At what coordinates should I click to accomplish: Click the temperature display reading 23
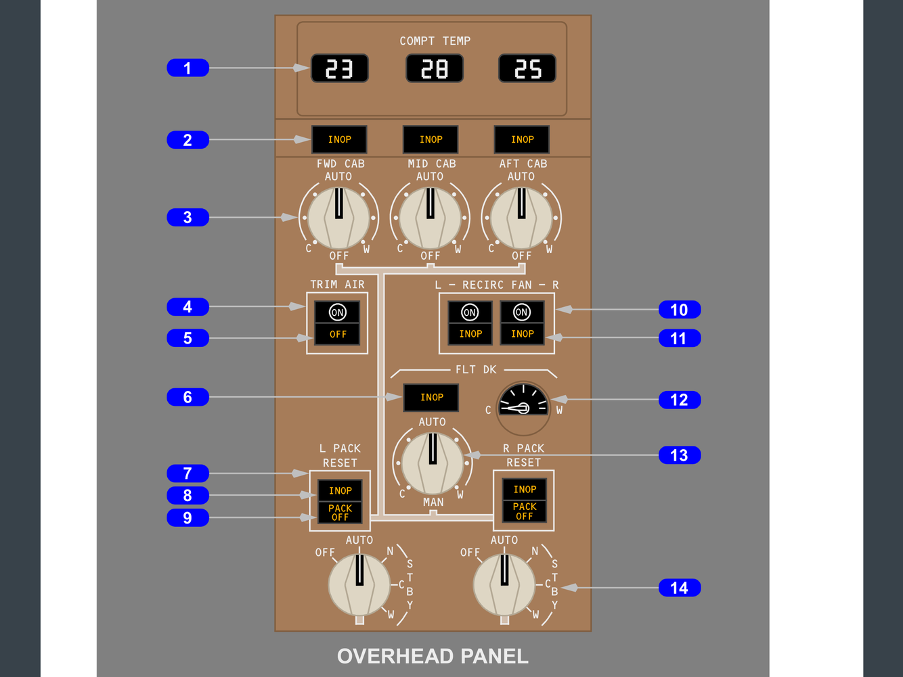click(340, 68)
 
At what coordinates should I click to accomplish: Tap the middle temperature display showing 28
click(435, 68)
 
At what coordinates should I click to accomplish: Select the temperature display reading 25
click(527, 68)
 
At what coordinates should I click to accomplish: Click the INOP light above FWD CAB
click(339, 139)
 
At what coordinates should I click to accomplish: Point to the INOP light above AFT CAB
click(522, 139)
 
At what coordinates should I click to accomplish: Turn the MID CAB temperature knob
click(430, 218)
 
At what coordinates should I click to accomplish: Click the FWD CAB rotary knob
click(338, 218)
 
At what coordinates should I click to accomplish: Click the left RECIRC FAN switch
click(470, 323)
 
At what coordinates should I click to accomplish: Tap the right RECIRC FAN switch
click(522, 323)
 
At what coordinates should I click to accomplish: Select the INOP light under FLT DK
click(431, 397)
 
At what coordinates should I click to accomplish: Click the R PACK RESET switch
click(524, 500)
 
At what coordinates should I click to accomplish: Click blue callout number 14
click(679, 588)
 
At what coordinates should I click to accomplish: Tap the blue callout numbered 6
click(188, 397)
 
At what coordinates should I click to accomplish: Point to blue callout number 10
click(679, 310)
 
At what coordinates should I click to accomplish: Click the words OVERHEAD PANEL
click(433, 656)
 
